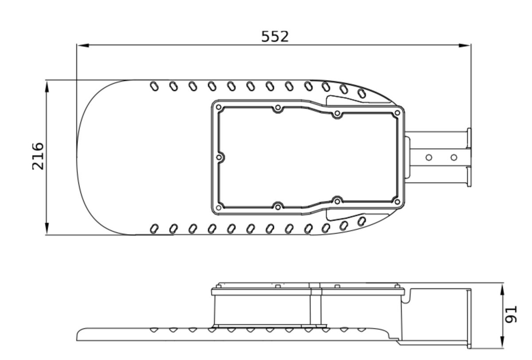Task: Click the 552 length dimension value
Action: coord(275,36)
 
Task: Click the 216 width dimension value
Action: coord(38,156)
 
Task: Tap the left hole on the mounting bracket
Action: coord(429,157)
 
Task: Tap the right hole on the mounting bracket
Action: coord(454,157)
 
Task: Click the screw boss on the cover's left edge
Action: coord(219,157)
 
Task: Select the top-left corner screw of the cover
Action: coord(219,107)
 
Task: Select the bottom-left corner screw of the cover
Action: coord(219,207)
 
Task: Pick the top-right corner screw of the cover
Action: coord(397,113)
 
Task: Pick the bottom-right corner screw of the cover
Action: coord(397,202)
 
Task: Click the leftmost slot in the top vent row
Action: coord(154,86)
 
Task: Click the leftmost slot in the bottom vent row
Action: coord(154,229)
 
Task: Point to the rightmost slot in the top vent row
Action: coord(362,93)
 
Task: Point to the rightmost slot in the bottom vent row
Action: coord(362,221)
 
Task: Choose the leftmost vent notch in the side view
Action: coord(154,330)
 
